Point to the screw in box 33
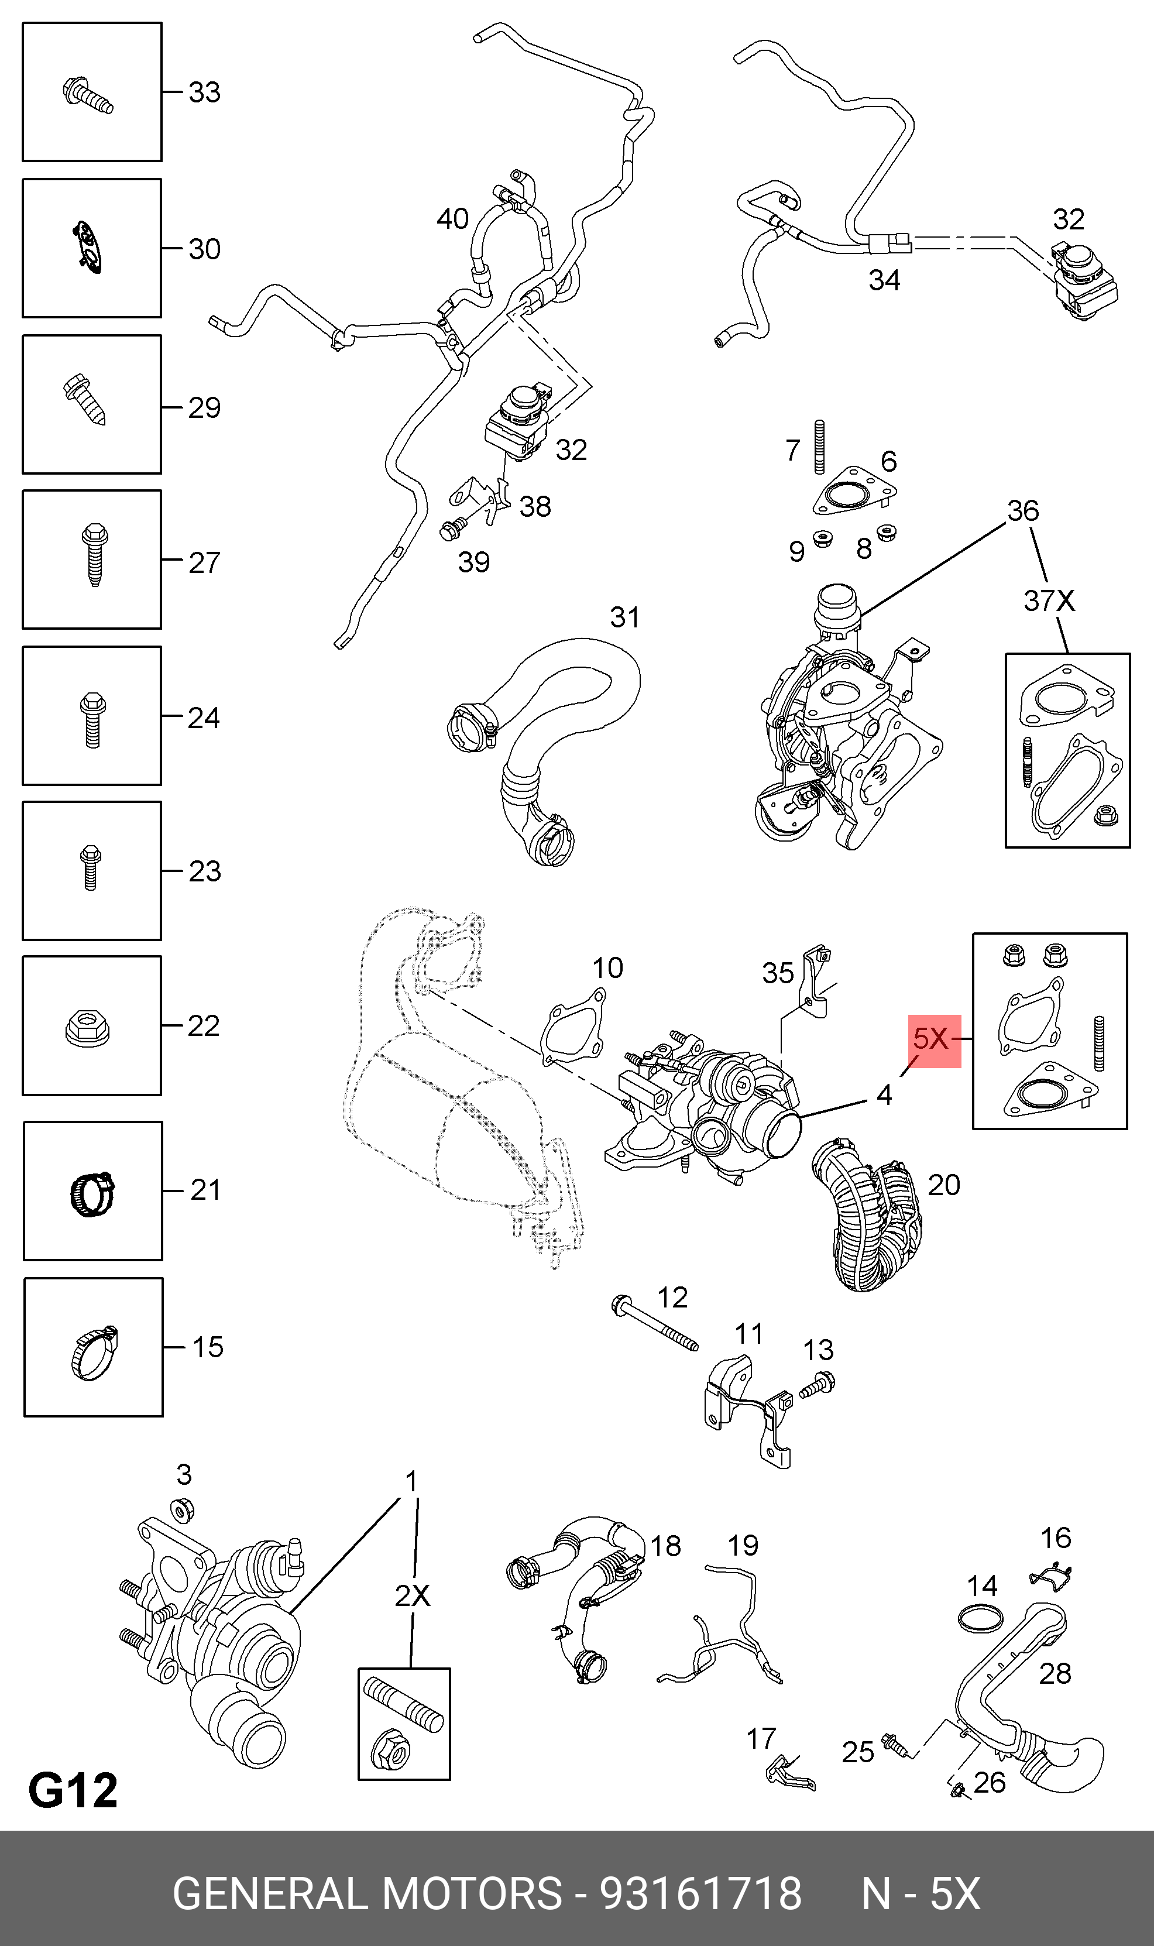coord(87,95)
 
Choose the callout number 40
coord(452,219)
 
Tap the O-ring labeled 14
coord(979,1617)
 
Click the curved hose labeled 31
coord(544,746)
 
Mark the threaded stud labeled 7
coord(819,447)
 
